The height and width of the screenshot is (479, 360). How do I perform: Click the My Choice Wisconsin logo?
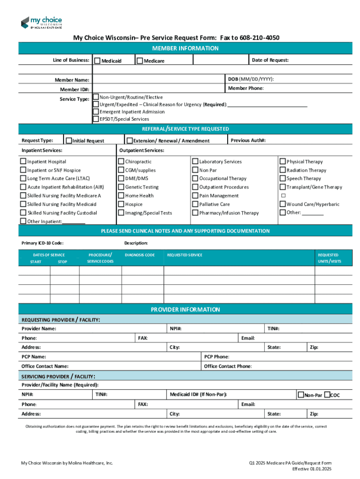coord(41,22)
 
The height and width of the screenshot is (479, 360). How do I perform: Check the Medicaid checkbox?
coord(97,61)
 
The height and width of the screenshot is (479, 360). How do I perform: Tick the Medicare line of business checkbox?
coord(139,61)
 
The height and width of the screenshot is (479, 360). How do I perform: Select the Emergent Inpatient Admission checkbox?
coord(96,112)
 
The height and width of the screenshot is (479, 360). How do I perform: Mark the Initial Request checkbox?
coord(69,140)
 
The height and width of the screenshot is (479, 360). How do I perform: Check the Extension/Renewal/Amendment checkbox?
coord(130,140)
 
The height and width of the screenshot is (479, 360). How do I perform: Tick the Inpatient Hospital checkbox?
coord(23,161)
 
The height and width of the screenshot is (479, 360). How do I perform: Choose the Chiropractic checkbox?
coord(121,161)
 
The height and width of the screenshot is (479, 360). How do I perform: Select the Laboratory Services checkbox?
coord(195,161)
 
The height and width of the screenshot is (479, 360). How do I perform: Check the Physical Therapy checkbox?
coord(282,161)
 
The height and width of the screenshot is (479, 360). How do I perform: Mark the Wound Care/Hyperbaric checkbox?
coord(282,204)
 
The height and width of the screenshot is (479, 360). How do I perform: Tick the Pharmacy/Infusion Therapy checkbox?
coord(195,213)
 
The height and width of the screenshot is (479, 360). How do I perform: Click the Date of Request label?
coord(270,60)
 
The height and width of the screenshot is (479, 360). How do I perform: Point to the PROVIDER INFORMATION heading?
coord(185,309)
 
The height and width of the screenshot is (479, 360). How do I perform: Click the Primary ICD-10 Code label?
coord(43,243)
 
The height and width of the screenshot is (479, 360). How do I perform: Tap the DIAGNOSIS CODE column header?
coord(139,255)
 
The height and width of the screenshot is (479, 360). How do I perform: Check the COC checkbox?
coord(327,395)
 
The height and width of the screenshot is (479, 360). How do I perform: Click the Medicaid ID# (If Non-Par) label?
coord(198,395)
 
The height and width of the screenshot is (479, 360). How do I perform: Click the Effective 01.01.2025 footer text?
coord(311,469)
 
